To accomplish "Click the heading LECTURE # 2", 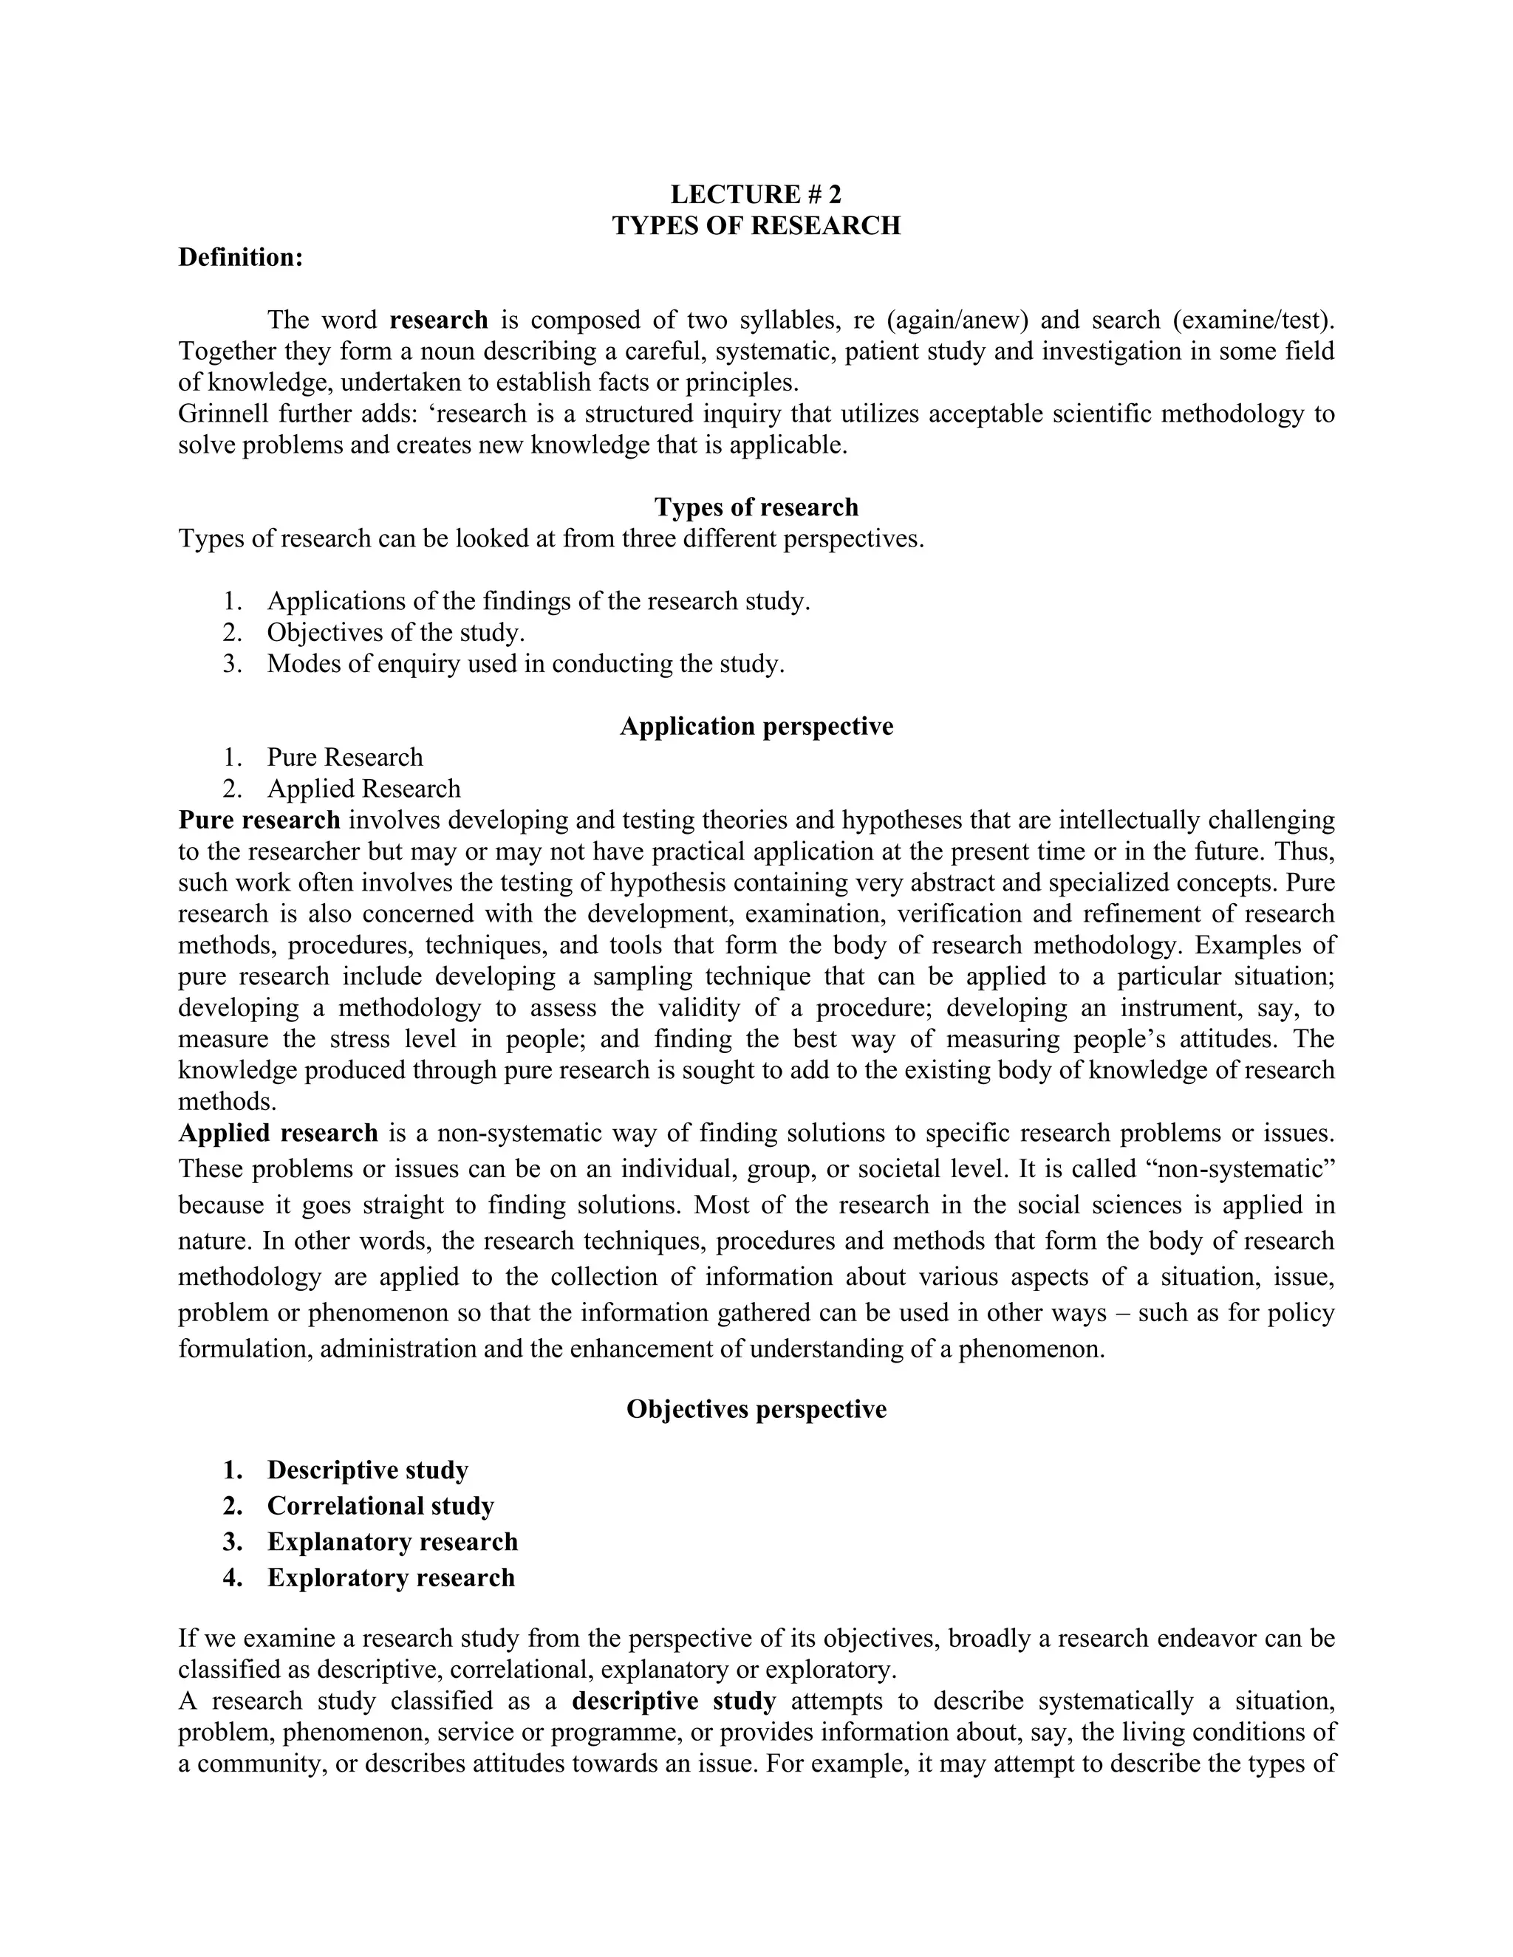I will coord(756,194).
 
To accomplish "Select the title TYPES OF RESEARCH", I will coord(756,226).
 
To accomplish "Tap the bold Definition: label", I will coord(241,257).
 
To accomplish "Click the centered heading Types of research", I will coord(756,507).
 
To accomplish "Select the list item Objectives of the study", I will coord(395,633).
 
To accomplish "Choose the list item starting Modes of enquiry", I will coord(525,664).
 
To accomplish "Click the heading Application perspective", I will coord(756,726).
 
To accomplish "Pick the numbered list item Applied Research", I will coord(363,789).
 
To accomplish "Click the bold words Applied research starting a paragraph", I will coord(278,1134).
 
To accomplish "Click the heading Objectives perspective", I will coord(756,1410).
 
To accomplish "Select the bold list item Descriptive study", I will coord(367,1470).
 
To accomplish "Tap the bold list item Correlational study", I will coord(380,1507).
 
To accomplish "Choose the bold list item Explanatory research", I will coord(392,1542).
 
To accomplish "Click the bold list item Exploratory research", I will coord(391,1578).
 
